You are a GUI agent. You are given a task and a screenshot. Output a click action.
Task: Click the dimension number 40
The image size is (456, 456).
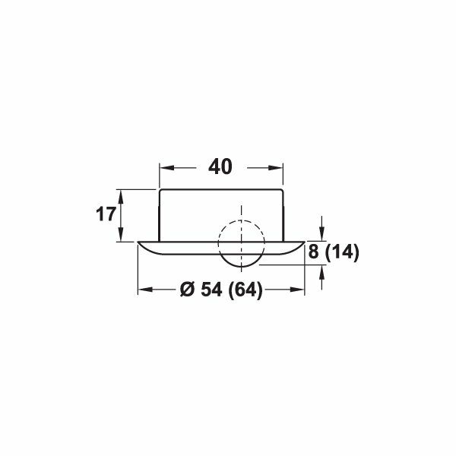[x=220, y=166]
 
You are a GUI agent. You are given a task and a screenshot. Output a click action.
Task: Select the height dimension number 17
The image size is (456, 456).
[x=105, y=214]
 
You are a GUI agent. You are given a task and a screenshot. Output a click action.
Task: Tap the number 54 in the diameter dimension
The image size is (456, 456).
[x=209, y=290]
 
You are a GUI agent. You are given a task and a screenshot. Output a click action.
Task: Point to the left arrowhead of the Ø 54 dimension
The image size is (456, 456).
[x=142, y=290]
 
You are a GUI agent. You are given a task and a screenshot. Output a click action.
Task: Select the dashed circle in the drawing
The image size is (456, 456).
[x=241, y=244]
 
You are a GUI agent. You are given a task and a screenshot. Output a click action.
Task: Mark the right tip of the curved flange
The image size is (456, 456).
[x=306, y=243]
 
